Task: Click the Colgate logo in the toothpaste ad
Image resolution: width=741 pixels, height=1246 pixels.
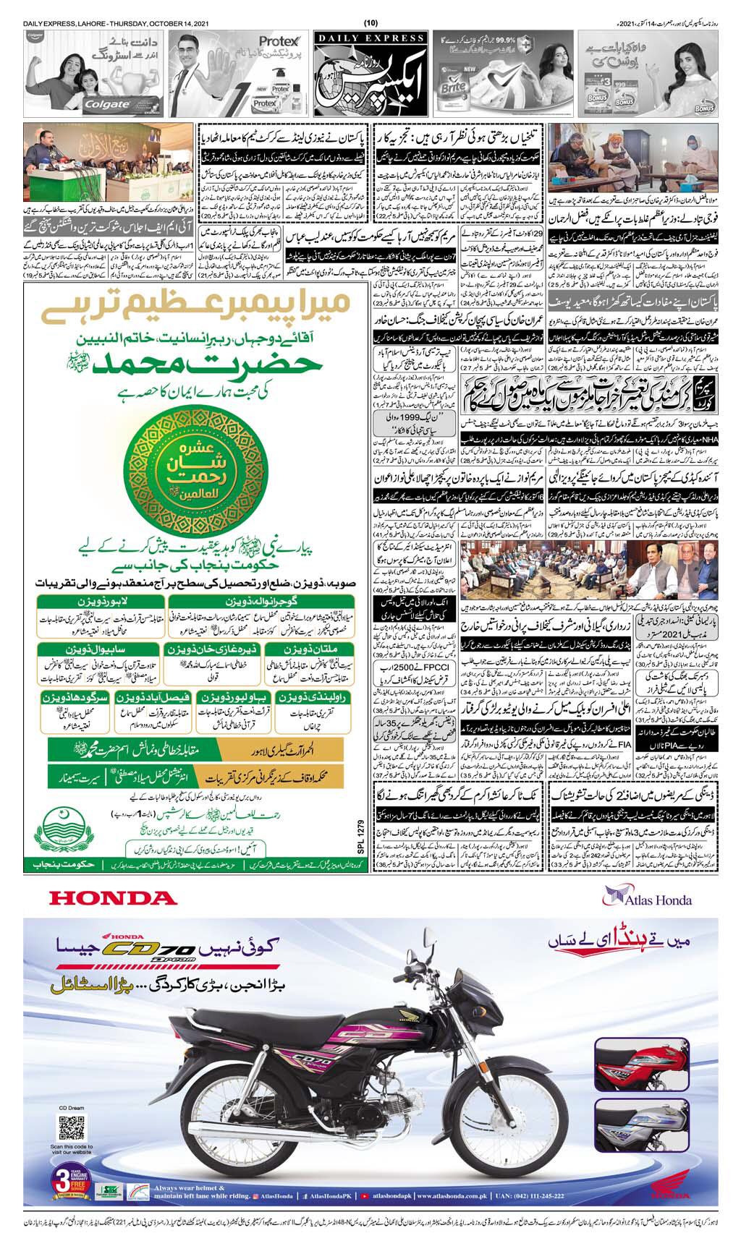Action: (x=108, y=103)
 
